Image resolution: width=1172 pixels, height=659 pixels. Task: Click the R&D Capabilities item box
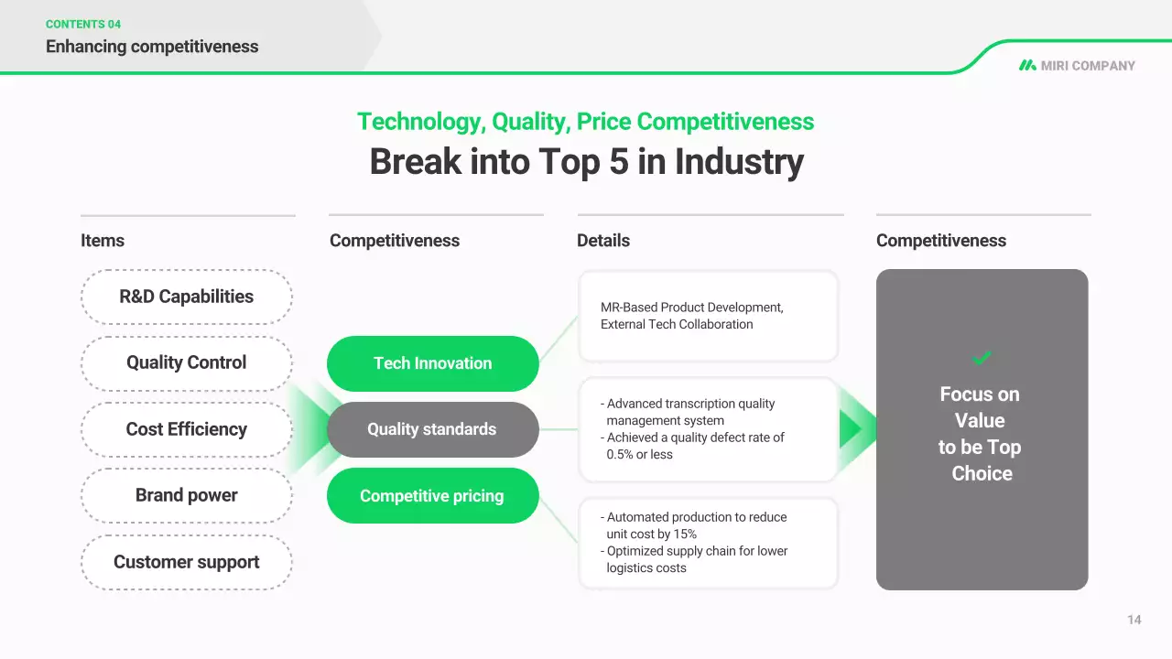pos(187,297)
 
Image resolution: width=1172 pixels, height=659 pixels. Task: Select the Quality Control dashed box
pos(187,363)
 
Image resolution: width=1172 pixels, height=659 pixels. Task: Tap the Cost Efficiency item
pos(187,429)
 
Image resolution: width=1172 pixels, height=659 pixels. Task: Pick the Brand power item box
pos(187,495)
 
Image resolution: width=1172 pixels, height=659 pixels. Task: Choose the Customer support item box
pos(187,562)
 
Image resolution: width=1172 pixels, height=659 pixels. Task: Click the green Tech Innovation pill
pos(433,363)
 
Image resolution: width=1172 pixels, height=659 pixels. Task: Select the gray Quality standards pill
pos(433,429)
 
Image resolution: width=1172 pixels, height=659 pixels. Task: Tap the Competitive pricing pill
pos(433,496)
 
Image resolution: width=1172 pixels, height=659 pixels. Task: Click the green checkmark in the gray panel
pos(981,358)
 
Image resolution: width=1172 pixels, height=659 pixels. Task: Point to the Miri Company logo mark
pos(1027,65)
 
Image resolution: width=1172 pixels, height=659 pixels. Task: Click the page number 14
pos(1134,620)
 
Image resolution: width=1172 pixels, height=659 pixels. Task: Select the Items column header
pos(103,241)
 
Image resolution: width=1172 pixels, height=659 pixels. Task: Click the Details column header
pos(603,241)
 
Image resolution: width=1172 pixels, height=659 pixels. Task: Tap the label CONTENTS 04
pos(83,24)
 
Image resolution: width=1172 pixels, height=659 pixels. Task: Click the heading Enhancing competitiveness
pos(152,47)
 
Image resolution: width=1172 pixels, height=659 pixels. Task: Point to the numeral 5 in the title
pos(618,162)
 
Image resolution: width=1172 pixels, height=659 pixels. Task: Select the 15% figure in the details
pos(685,534)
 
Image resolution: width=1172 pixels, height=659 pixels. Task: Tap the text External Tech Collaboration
pos(677,324)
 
